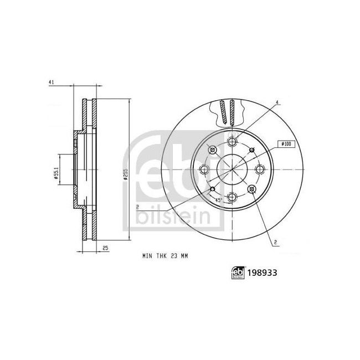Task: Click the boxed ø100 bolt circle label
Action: click(x=286, y=143)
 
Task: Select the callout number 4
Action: click(x=277, y=102)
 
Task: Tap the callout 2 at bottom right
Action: click(x=274, y=242)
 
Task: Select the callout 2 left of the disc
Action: click(x=136, y=207)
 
